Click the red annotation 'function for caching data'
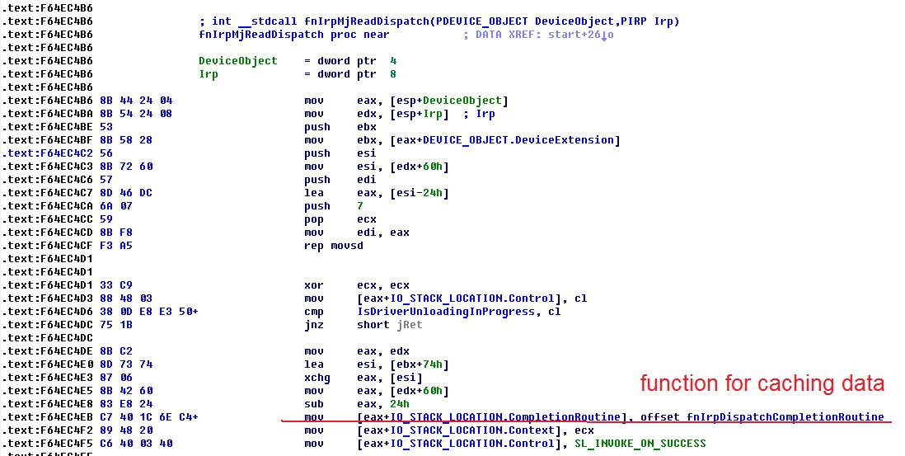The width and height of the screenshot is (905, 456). [762, 383]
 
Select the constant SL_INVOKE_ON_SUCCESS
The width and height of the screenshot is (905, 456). [640, 444]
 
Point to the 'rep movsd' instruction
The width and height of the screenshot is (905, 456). [333, 246]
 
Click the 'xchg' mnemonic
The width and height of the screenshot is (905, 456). [317, 378]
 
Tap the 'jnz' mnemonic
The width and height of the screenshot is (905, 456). [313, 325]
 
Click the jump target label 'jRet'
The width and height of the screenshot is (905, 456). [409, 325]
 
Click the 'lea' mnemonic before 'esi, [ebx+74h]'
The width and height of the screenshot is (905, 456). [313, 364]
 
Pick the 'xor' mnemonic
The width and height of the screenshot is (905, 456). [313, 285]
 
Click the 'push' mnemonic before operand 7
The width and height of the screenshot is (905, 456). [317, 206]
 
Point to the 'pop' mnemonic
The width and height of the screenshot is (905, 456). [313, 219]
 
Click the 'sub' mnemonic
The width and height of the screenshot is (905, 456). [313, 404]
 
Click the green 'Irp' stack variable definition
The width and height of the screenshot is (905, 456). [209, 74]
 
